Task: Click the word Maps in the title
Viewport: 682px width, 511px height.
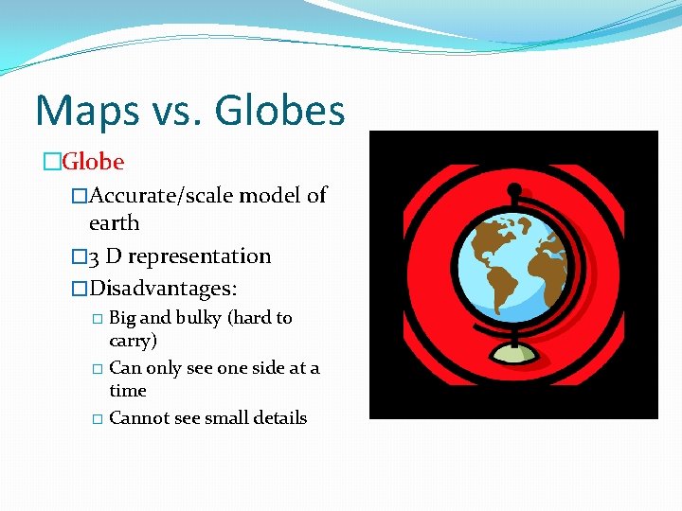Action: click(81, 111)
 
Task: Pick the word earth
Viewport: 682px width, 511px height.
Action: click(114, 223)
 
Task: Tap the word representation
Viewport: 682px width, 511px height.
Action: click(199, 256)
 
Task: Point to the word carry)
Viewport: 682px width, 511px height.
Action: click(134, 341)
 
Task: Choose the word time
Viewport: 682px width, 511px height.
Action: click(128, 391)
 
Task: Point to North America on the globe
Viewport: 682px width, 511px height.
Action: click(485, 238)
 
